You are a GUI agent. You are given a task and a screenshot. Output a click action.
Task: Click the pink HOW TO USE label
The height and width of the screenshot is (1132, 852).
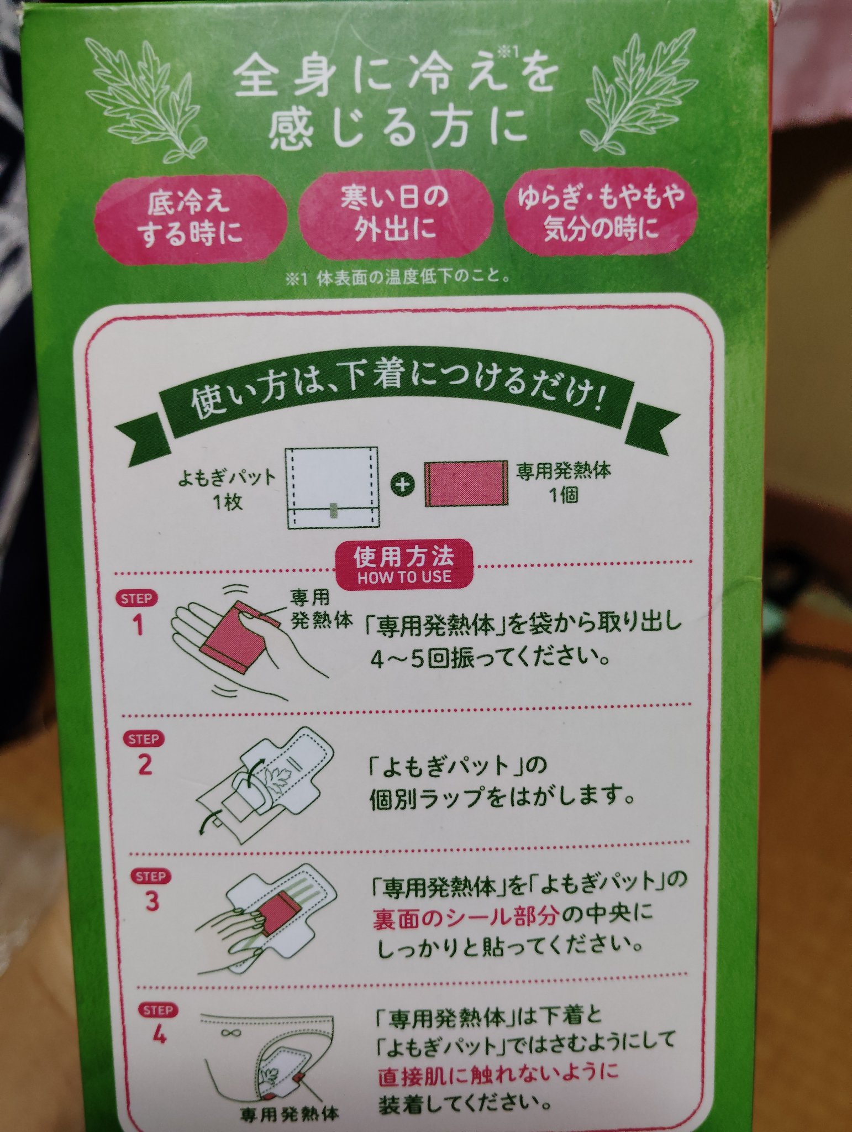(x=405, y=563)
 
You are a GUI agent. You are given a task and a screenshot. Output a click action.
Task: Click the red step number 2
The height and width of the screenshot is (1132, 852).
(x=145, y=765)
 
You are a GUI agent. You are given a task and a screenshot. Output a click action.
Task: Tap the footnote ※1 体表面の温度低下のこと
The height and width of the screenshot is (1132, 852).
(x=397, y=278)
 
